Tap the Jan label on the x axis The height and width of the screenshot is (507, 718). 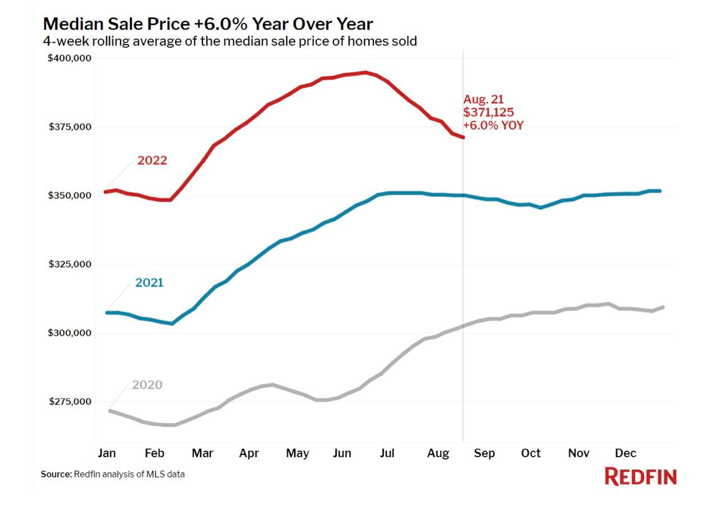[x=107, y=453]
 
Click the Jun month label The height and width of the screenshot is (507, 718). [x=343, y=453]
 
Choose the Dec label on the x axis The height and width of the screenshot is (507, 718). [x=625, y=453]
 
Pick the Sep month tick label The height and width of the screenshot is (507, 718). [x=484, y=453]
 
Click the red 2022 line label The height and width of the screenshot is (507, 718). [x=152, y=161]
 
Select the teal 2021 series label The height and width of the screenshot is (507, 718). [x=149, y=282]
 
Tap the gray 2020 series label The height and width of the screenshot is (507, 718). [x=147, y=385]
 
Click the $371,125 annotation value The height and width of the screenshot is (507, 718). [x=489, y=112]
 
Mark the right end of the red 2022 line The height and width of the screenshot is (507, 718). [x=463, y=137]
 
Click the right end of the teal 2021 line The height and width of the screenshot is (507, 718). [x=660, y=191]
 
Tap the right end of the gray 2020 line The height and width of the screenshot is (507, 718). [x=663, y=307]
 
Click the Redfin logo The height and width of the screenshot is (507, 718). [x=641, y=477]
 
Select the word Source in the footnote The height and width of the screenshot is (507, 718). [x=57, y=474]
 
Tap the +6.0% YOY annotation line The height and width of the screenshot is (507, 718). [x=493, y=125]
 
